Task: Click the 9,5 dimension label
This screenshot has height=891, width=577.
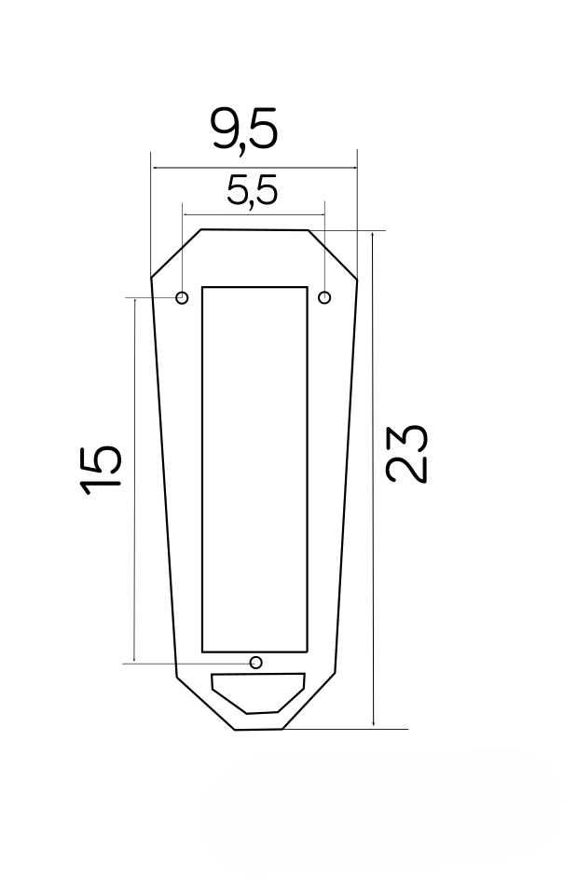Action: [244, 130]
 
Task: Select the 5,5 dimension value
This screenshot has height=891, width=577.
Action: [253, 190]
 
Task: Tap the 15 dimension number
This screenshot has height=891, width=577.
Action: [101, 470]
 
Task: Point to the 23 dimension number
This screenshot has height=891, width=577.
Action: [406, 454]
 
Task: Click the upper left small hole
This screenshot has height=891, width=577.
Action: [182, 297]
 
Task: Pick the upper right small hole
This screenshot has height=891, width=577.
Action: [324, 297]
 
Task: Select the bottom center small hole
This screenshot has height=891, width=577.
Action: [256, 662]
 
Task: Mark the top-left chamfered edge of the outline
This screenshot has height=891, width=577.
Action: [175, 254]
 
